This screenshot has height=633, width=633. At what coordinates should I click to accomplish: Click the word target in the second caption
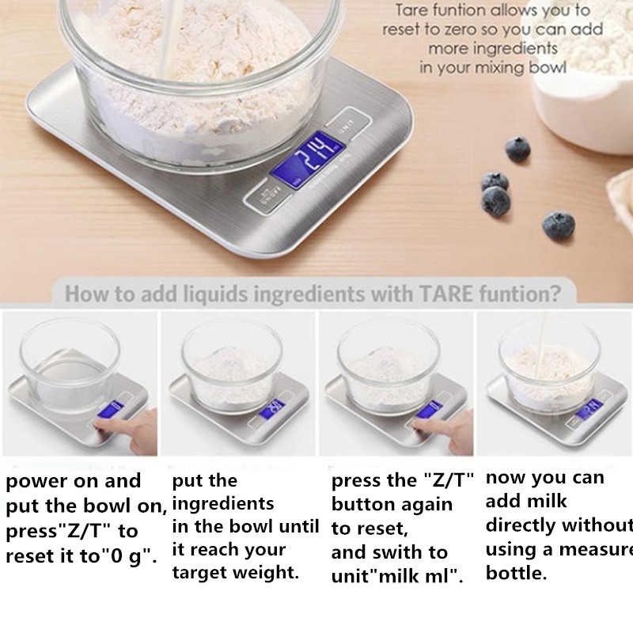click(x=205, y=573)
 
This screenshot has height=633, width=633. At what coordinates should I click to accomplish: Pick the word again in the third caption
click(x=424, y=504)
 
